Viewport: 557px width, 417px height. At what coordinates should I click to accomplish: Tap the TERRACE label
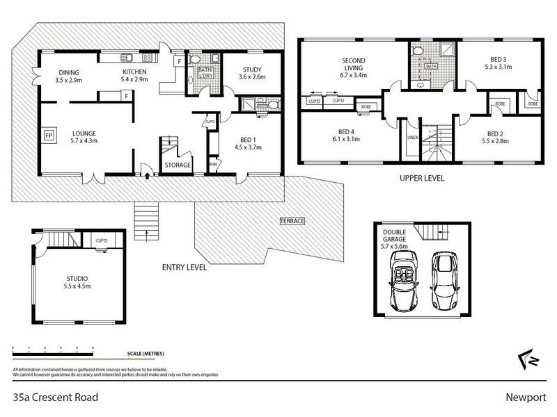click(x=292, y=221)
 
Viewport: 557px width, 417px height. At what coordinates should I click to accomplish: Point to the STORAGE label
click(x=178, y=165)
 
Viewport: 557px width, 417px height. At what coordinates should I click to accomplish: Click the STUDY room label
click(x=251, y=69)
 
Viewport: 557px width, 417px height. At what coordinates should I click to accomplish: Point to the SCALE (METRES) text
click(x=150, y=353)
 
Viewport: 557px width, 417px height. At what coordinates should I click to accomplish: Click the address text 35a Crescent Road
click(x=56, y=398)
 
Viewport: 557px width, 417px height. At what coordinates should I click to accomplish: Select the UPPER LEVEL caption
click(x=422, y=179)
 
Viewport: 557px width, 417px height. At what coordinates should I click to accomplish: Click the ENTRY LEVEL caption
click(x=185, y=267)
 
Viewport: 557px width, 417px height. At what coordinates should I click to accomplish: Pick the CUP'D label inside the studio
click(x=102, y=241)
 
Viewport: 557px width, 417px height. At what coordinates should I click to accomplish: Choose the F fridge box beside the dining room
click(x=126, y=95)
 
